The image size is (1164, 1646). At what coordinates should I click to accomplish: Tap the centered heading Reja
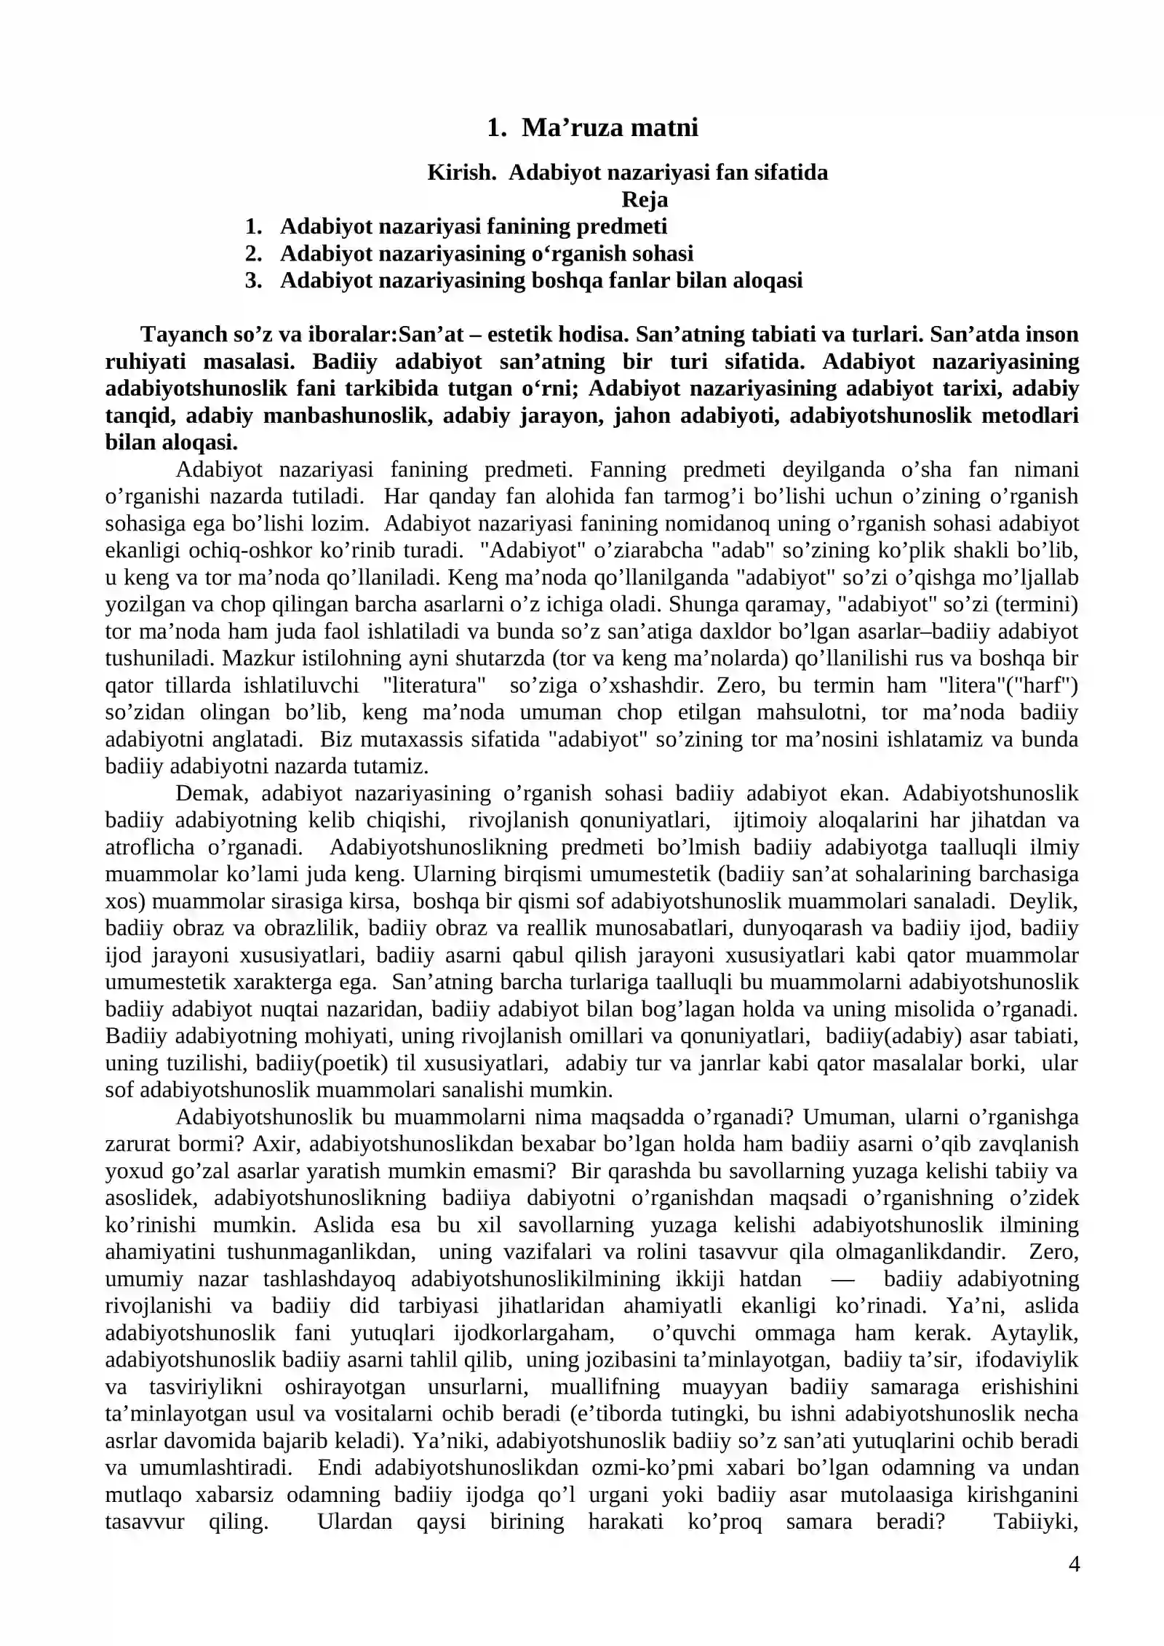click(645, 199)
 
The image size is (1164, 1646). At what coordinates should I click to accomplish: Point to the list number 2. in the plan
click(253, 253)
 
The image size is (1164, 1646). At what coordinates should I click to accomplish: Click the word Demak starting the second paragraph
click(212, 793)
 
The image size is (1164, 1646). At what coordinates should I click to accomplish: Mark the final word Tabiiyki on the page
click(1036, 1522)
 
